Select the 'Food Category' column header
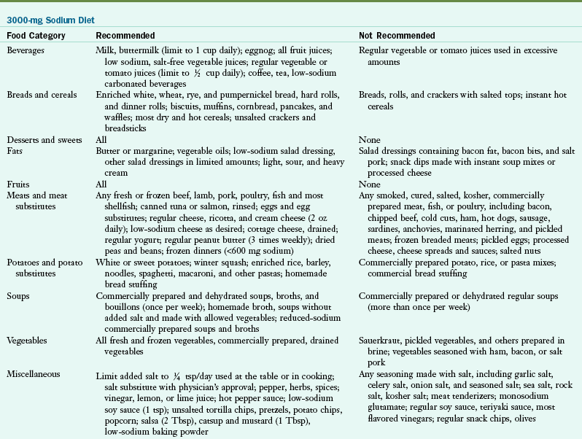(x=36, y=35)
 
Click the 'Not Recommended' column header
(x=397, y=35)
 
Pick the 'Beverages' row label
(x=27, y=50)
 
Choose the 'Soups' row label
(x=18, y=297)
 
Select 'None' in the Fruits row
(x=369, y=184)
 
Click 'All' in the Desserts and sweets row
(x=101, y=139)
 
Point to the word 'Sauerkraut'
(x=381, y=341)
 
